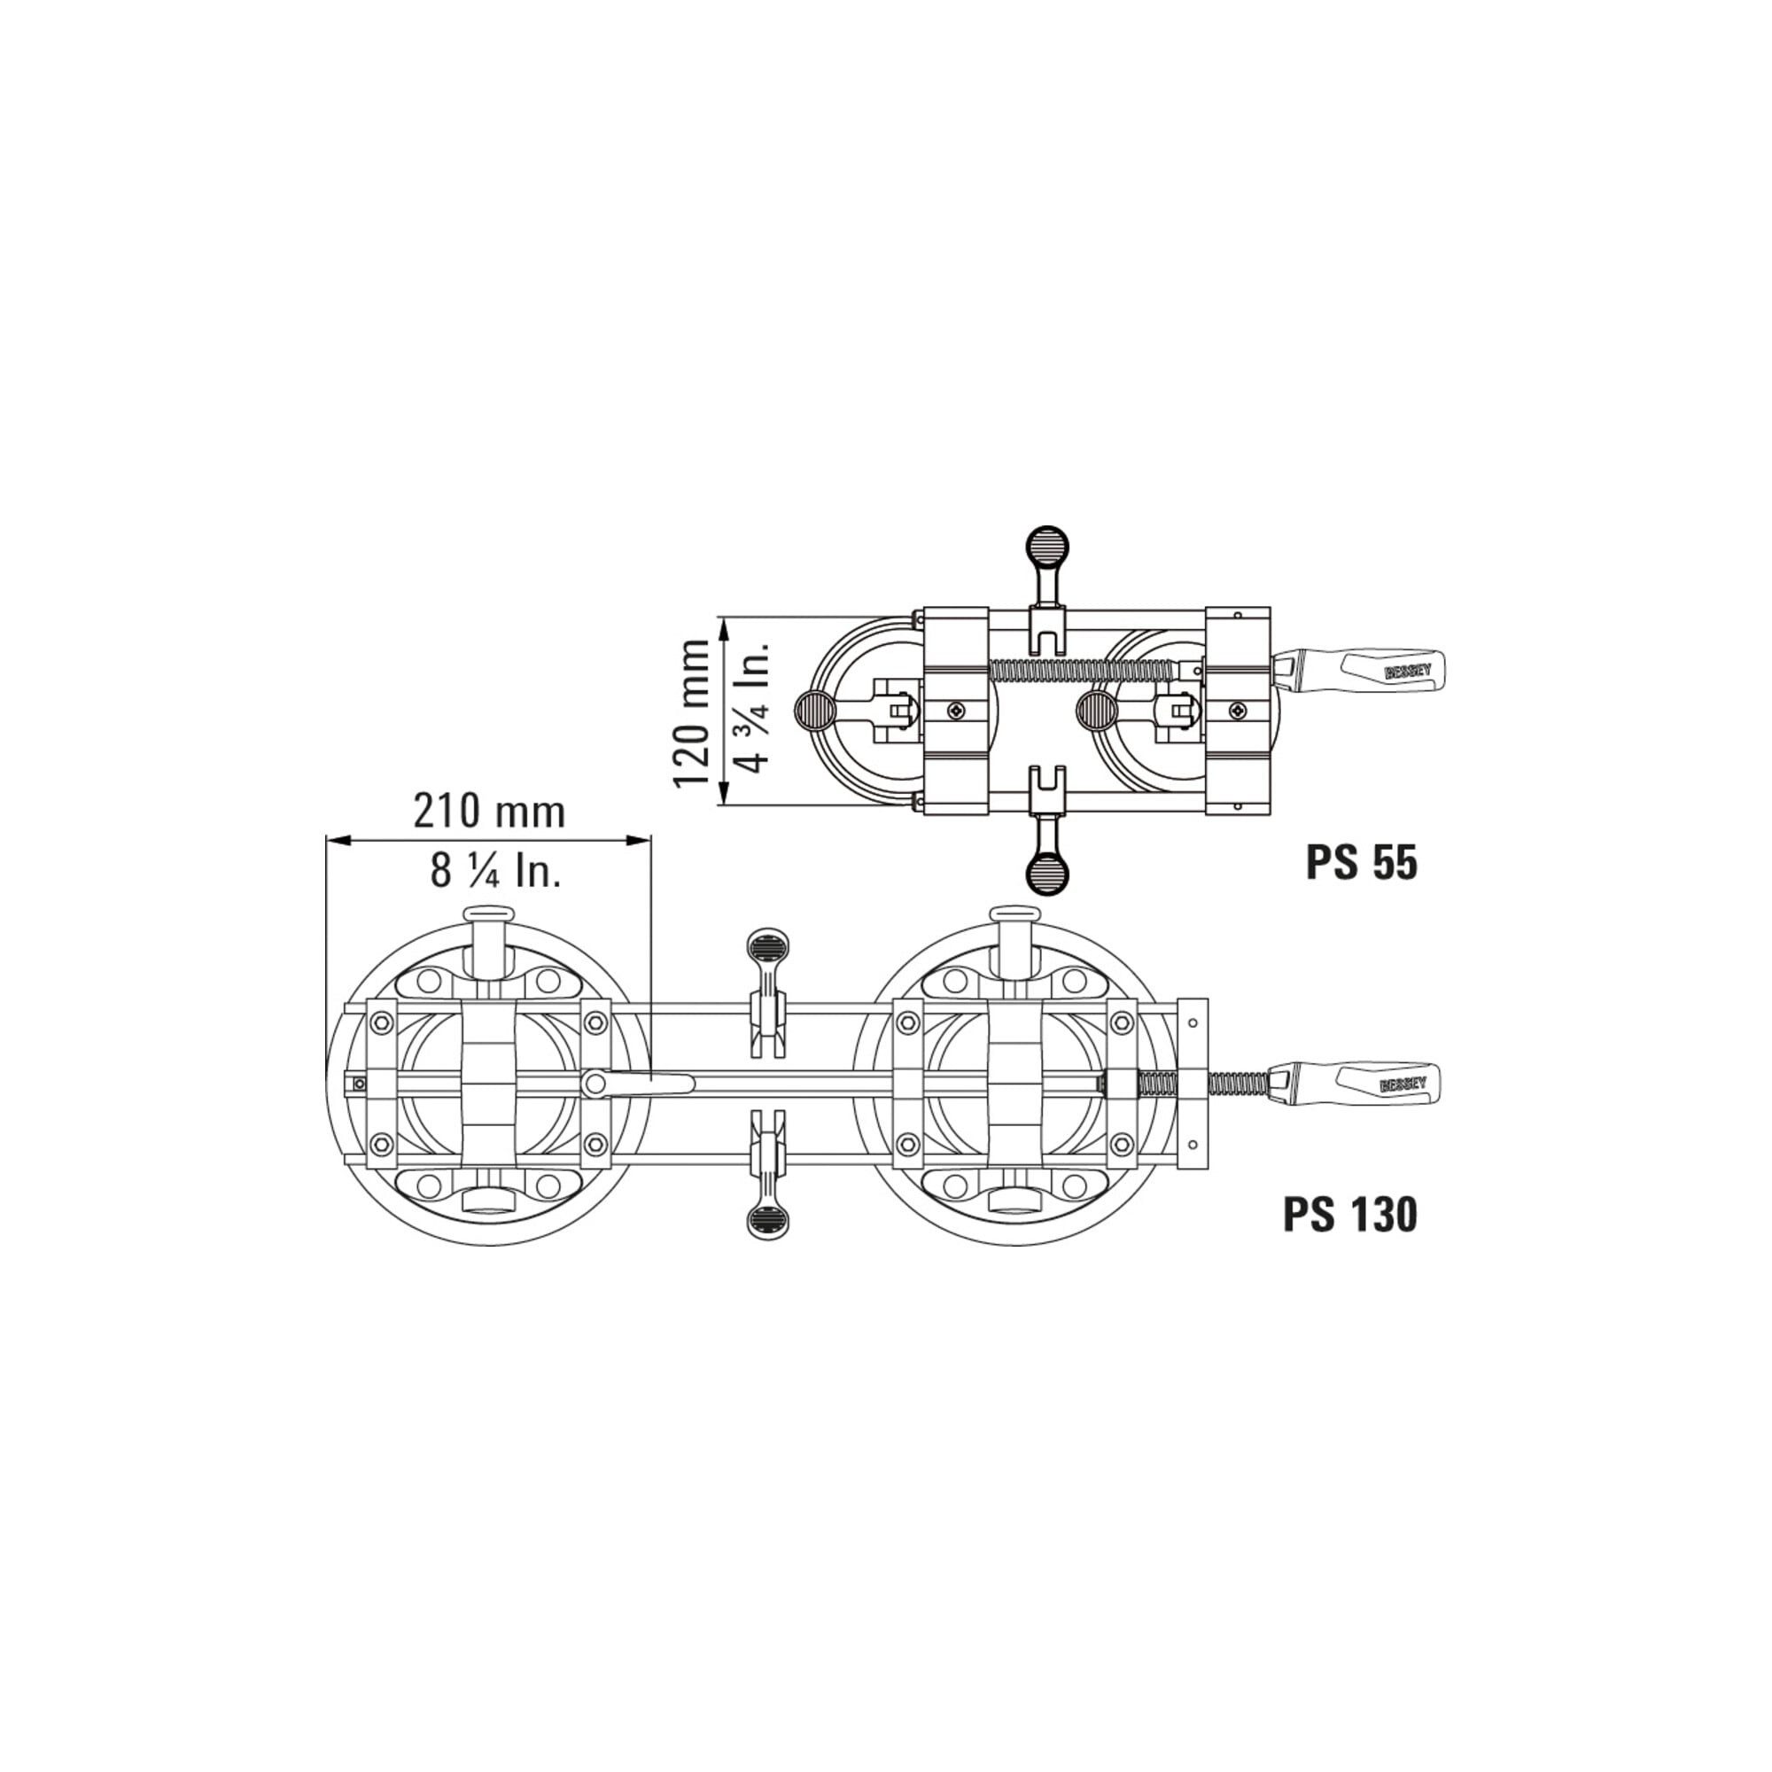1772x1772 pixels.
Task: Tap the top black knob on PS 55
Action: point(1046,549)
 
